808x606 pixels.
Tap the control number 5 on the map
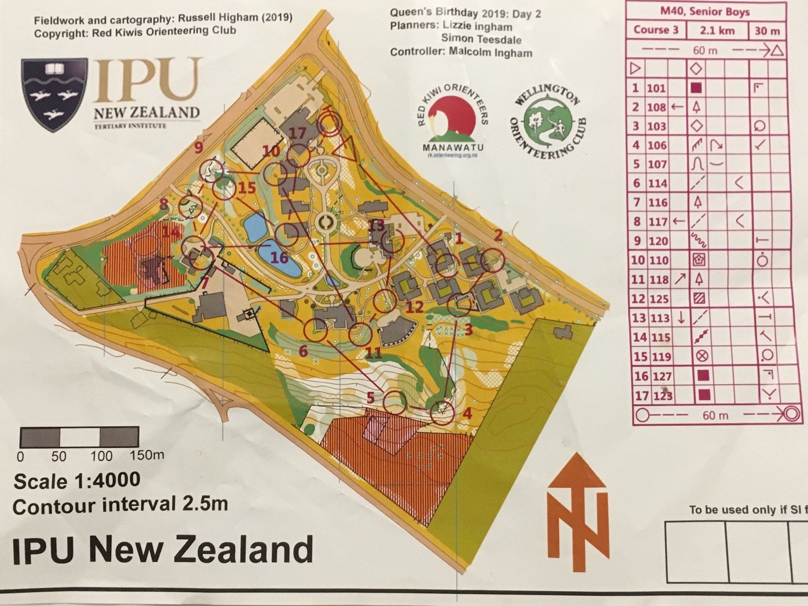click(370, 398)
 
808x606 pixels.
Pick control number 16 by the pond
click(279, 258)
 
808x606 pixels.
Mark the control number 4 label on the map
click(467, 413)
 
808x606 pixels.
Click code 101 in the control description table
click(656, 88)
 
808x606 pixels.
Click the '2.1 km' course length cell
click(717, 31)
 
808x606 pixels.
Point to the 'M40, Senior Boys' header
click(705, 12)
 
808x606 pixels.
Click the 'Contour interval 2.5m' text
click(120, 505)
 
